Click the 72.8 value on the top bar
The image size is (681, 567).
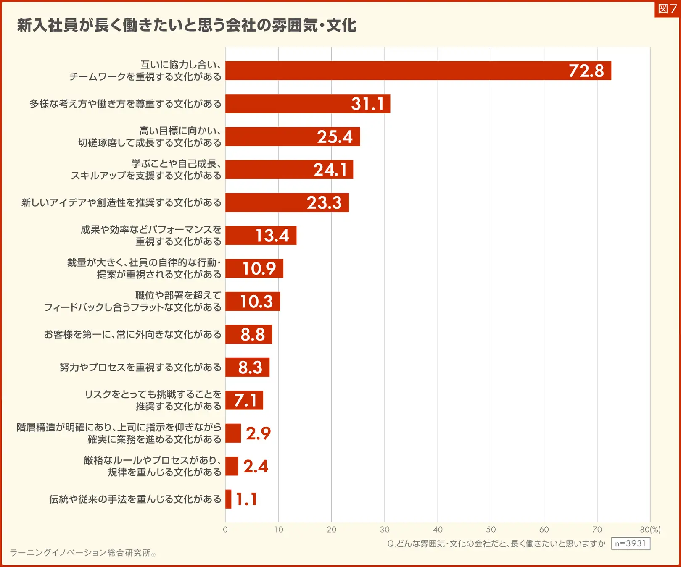[586, 71]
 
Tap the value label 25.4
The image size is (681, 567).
[335, 137]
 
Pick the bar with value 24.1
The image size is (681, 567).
[289, 170]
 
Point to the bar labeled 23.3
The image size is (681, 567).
[287, 202]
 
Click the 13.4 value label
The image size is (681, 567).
[272, 236]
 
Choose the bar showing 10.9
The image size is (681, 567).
[254, 268]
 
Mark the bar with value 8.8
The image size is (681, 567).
[248, 334]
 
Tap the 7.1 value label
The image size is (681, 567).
[245, 400]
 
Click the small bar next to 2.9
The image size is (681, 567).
[233, 433]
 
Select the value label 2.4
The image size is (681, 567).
[256, 466]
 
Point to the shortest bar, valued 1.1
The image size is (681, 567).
[228, 499]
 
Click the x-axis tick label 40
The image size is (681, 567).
[438, 530]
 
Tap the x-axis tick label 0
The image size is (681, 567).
[225, 530]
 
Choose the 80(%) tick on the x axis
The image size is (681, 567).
[650, 530]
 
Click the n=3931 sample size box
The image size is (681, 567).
[630, 543]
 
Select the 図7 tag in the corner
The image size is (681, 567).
[667, 9]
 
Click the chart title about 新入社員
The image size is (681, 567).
[187, 26]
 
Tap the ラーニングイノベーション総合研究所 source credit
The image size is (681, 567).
[81, 553]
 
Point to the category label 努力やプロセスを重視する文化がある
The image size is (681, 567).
[140, 367]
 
